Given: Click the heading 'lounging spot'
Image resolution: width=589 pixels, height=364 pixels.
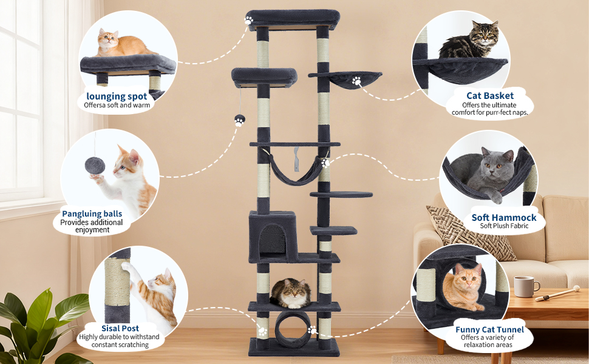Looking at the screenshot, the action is click(x=117, y=96).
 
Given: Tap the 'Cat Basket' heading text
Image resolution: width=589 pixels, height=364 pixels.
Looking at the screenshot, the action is click(x=490, y=96).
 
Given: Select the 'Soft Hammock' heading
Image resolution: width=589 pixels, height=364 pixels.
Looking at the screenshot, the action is click(x=504, y=218).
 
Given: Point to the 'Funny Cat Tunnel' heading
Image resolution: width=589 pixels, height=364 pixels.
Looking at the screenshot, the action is click(x=489, y=329).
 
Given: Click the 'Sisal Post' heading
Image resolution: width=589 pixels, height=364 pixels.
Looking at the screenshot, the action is click(x=120, y=328).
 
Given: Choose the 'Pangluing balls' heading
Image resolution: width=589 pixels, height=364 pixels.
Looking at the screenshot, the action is click(x=92, y=214).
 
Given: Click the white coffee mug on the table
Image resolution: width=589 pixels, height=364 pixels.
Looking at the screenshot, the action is click(x=525, y=286).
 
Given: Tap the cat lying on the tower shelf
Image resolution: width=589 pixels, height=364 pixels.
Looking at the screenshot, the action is click(x=291, y=293).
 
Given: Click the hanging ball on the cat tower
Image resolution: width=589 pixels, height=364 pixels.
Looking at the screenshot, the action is click(x=240, y=120).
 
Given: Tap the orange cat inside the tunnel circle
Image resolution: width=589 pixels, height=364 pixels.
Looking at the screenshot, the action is click(x=463, y=287).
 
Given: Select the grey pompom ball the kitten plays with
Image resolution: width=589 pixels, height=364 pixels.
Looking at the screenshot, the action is click(x=95, y=166).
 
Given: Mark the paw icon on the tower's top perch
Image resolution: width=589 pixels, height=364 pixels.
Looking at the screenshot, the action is click(x=249, y=20).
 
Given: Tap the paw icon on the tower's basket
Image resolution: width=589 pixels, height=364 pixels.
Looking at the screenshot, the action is click(x=356, y=81).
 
